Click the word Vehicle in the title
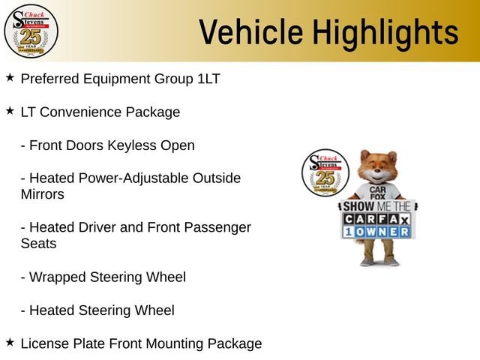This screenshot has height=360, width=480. coord(251,31)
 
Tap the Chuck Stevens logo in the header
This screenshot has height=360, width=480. coord(31,31)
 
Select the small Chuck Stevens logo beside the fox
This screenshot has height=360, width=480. coord(325,172)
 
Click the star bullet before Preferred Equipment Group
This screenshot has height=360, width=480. coord(10,78)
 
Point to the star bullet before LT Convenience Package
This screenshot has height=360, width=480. coord(10,111)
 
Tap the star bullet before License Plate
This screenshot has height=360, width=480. coord(10,342)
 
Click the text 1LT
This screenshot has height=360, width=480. coord(208,79)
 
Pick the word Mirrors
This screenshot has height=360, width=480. coord(43,194)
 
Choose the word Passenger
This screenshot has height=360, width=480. coord(217,228)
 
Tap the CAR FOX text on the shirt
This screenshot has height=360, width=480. coord(377,193)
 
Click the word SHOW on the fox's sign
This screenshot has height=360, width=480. coord(358,207)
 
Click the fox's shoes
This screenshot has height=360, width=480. coord(380,262)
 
